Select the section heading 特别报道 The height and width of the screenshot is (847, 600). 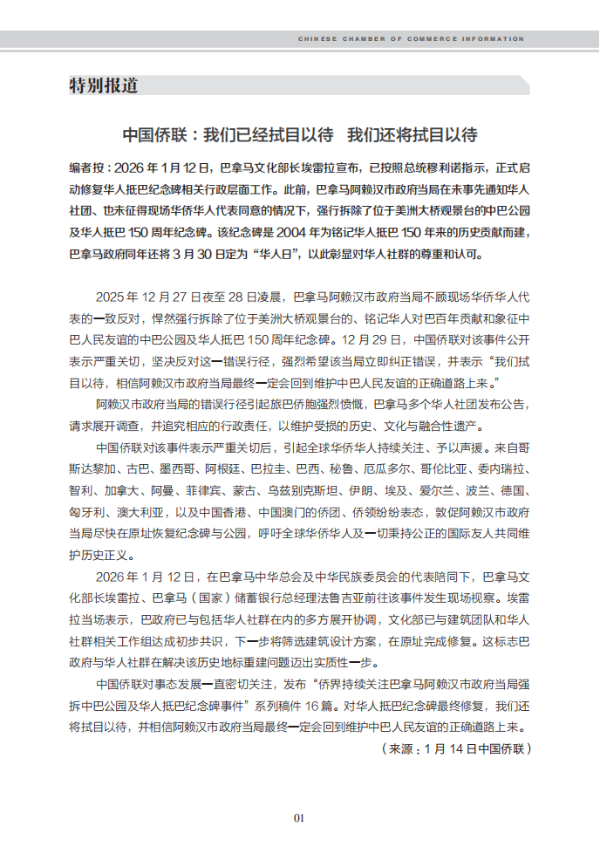point(103,85)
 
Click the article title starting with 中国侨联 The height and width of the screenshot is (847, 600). point(299,136)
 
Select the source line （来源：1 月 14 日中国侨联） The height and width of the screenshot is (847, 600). point(454,748)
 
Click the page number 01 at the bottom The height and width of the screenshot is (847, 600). point(299,818)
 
